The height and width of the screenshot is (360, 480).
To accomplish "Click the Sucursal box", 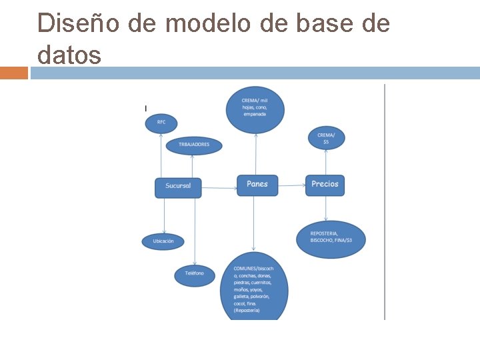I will pyautogui.click(x=178, y=187).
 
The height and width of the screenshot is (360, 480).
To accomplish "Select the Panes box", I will pyautogui.click(x=257, y=185).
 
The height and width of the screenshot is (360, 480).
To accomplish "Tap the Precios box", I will pyautogui.click(x=325, y=185).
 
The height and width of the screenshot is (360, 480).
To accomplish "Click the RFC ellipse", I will pyautogui.click(x=162, y=123).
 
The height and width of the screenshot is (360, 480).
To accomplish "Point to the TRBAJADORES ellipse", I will pyautogui.click(x=193, y=145).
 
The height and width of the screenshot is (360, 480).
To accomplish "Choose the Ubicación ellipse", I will pyautogui.click(x=163, y=241).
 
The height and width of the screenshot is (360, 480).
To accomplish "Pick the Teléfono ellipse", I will pyautogui.click(x=195, y=273).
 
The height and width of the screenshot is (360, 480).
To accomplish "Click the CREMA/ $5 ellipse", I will pyautogui.click(x=327, y=138).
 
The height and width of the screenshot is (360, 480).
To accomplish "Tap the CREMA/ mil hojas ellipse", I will pyautogui.click(x=255, y=108).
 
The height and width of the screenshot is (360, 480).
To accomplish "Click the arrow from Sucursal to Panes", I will pyautogui.click(x=219, y=188).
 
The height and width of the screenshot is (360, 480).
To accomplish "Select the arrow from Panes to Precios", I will pyautogui.click(x=292, y=185).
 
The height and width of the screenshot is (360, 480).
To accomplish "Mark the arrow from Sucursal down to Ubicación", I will pyautogui.click(x=163, y=215).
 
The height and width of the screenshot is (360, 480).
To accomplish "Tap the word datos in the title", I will pyautogui.click(x=69, y=55).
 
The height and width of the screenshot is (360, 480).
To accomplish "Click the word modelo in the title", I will pyautogui.click(x=209, y=24).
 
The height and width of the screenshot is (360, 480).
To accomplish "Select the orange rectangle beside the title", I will pyautogui.click(x=14, y=73).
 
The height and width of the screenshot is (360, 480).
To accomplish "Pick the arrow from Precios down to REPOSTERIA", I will pyautogui.click(x=326, y=208).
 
